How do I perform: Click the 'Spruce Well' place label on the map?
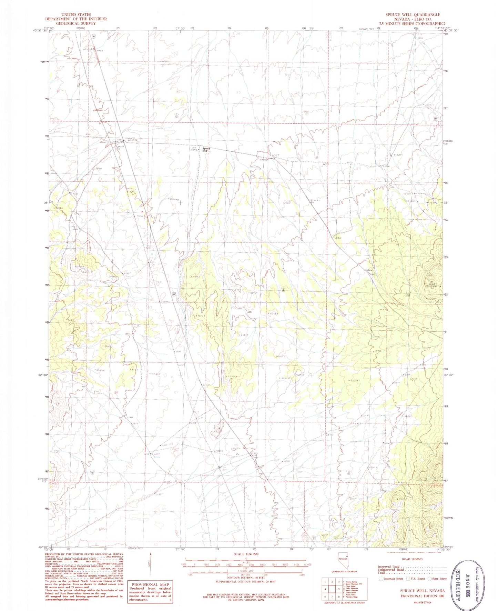tap(206, 150)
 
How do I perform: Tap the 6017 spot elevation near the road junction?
tap(275, 156)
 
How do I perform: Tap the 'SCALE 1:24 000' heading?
tap(246, 554)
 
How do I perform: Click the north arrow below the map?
tap(151, 565)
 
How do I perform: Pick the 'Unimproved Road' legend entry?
tap(391, 570)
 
